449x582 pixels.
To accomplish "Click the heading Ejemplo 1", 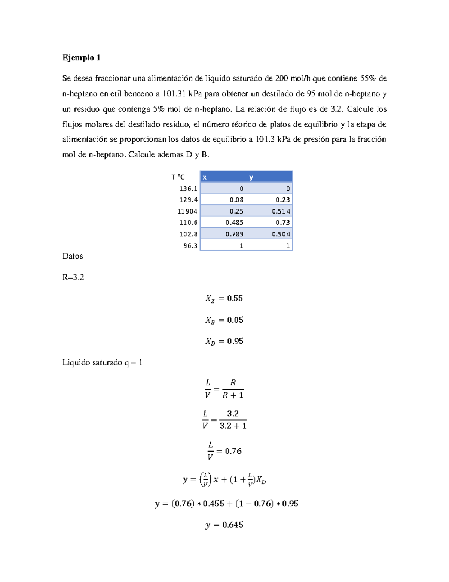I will [x=81, y=58].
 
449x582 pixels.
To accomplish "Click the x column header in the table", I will [x=205, y=177].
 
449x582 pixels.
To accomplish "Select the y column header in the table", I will [x=251, y=177].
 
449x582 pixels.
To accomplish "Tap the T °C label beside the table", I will [x=178, y=177].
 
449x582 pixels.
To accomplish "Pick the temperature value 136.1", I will [x=188, y=189].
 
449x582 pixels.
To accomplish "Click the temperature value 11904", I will [x=187, y=211].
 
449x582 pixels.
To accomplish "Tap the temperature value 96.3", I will [x=190, y=246].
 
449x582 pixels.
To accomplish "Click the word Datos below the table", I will [x=73, y=256].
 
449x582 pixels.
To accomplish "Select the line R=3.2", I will [x=73, y=277].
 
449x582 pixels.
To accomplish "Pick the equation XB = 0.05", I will [x=224, y=320].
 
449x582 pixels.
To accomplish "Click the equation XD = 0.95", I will [x=224, y=341].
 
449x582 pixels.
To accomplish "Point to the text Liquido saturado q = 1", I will [x=102, y=362].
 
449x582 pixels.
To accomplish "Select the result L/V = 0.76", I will [x=224, y=451].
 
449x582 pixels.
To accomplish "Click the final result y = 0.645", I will [x=224, y=525].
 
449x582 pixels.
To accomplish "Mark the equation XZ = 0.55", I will [x=224, y=299].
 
